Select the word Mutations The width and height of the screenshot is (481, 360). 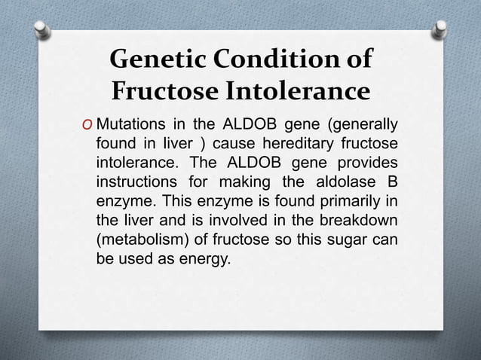(x=132, y=124)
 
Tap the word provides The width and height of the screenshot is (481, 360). (x=369, y=163)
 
